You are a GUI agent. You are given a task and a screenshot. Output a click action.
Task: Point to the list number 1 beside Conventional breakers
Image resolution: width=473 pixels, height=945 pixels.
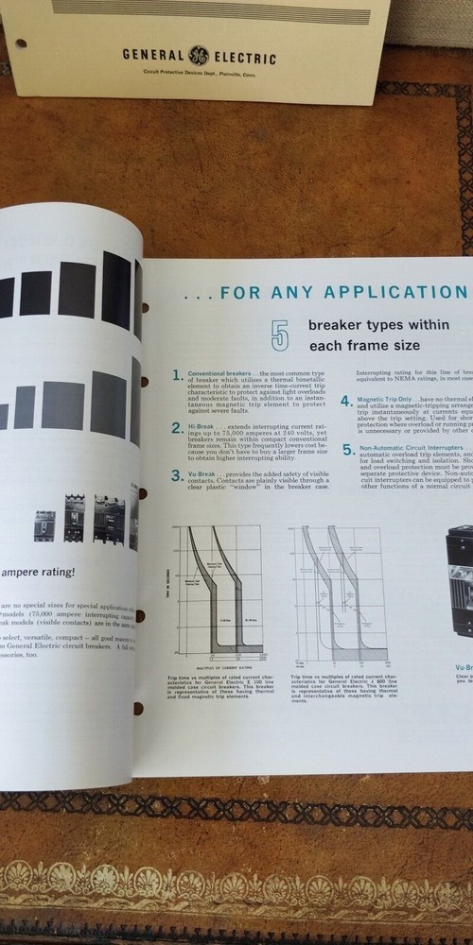coord(178,375)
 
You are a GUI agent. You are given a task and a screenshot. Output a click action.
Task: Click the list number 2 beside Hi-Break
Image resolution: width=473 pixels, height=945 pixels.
coord(178,428)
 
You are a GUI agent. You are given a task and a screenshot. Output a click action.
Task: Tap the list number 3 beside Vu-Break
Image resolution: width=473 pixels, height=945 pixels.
coord(178,474)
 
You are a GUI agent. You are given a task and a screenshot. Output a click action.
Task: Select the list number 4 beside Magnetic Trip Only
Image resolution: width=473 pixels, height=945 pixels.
coord(347,401)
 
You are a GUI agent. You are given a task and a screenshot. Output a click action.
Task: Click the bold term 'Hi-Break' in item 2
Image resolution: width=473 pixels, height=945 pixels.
coord(201,426)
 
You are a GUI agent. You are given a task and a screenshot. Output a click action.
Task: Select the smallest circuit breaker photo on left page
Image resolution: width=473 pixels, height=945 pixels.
coord(44,524)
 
